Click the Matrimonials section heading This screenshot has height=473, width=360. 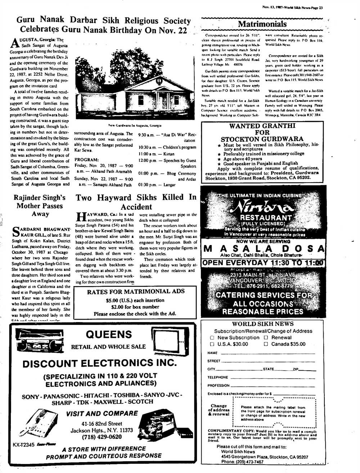[262, 24]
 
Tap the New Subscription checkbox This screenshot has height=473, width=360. [212, 338]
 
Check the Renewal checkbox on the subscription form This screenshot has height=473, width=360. [266, 338]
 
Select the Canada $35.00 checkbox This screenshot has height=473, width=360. [266, 344]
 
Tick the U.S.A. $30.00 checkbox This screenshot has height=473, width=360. [212, 344]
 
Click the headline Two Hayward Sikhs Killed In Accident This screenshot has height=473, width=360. [136, 202]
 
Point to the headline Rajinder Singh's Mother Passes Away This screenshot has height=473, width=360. [40, 206]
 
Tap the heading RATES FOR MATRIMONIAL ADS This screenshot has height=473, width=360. [136, 291]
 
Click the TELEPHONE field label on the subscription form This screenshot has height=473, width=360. [217, 377]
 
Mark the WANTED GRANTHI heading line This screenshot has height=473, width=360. [262, 126]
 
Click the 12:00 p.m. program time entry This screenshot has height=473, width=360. [146, 160]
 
